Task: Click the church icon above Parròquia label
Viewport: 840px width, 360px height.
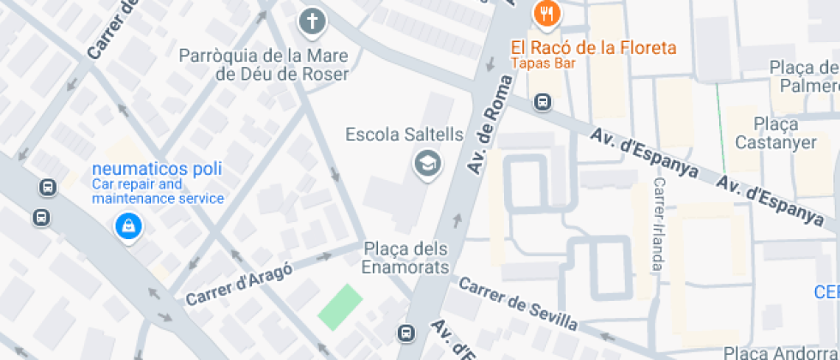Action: pos(313,21)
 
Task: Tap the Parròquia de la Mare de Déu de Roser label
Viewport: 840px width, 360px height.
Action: pos(263,65)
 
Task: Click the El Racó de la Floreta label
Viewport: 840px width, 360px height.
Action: pos(593,48)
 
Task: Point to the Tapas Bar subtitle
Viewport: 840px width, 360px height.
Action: pos(543,63)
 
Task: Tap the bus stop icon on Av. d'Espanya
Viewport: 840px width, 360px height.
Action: pos(542,103)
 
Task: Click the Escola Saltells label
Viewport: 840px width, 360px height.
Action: pos(404,135)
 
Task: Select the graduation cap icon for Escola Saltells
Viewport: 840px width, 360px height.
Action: pos(425,163)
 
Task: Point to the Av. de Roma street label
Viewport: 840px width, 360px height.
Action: pos(489,125)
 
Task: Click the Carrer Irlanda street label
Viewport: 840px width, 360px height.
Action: pos(658,225)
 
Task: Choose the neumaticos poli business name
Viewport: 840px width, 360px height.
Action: pos(156,169)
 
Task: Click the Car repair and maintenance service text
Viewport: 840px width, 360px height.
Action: pos(158,191)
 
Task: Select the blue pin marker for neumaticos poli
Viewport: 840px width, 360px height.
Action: pos(128,226)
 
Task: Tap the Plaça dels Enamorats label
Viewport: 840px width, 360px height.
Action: pos(405,258)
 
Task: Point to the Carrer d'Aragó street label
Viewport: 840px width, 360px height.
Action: pos(239,283)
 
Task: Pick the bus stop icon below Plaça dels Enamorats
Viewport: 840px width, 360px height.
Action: pos(405,332)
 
